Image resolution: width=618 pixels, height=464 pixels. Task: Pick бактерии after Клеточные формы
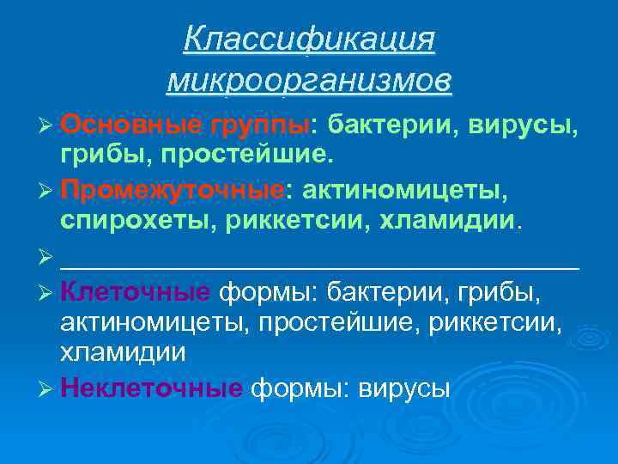(x=385, y=292)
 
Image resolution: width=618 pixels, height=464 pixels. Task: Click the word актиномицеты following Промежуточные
(x=415, y=187)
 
